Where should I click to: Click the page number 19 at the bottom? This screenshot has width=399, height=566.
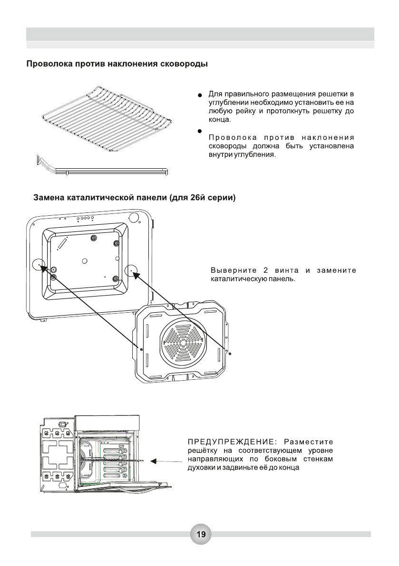pos(201,535)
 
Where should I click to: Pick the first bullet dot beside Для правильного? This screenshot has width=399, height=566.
pos(201,96)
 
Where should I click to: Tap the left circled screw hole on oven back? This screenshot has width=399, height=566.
pos(39,265)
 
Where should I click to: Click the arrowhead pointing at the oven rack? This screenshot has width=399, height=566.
pos(153,461)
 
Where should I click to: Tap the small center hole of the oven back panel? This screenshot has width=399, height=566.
pos(84,260)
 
